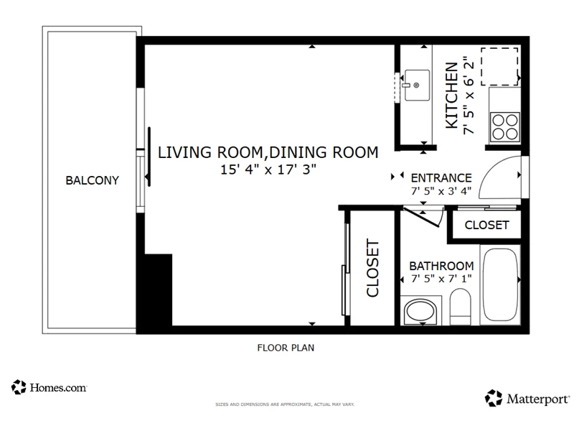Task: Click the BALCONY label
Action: click(x=93, y=180)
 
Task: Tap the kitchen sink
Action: click(x=417, y=85)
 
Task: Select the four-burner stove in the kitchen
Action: click(x=505, y=127)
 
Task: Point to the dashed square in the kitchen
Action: click(x=499, y=66)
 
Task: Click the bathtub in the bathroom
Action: click(x=500, y=285)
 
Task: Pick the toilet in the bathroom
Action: click(x=460, y=307)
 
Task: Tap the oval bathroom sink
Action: click(x=420, y=312)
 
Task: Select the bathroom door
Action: click(x=422, y=217)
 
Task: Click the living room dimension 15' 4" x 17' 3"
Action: click(x=268, y=170)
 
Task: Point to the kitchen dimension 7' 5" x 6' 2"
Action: click(x=469, y=95)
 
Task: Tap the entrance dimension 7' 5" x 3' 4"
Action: click(x=441, y=191)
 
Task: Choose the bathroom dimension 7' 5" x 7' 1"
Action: click(x=441, y=279)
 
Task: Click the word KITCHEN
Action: click(x=452, y=96)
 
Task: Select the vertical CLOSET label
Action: click(x=372, y=267)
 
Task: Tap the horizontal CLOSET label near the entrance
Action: click(x=487, y=225)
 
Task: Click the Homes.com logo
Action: click(x=49, y=387)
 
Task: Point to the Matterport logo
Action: click(x=527, y=399)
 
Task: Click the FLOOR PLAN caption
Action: click(x=286, y=348)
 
